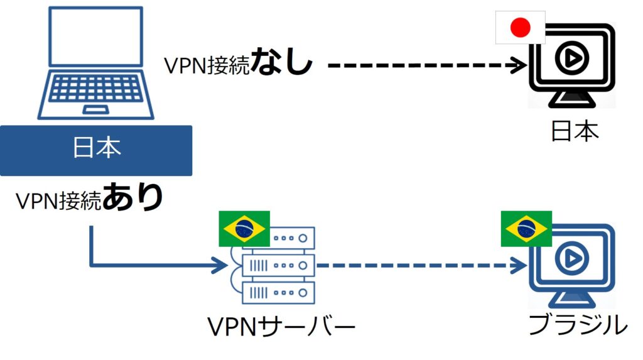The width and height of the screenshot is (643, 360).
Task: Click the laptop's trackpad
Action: point(95,111)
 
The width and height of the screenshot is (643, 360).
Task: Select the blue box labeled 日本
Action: point(96,150)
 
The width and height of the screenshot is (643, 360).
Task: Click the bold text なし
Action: point(282,63)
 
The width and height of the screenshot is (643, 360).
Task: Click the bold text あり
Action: point(132,199)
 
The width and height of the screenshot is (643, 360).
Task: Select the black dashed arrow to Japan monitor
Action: point(427,64)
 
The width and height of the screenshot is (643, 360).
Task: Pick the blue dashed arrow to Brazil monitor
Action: point(421,265)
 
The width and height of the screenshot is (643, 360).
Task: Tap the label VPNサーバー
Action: point(281,327)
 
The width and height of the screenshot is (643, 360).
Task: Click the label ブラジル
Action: point(577,325)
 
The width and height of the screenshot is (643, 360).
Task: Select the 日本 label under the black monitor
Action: point(575,131)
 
